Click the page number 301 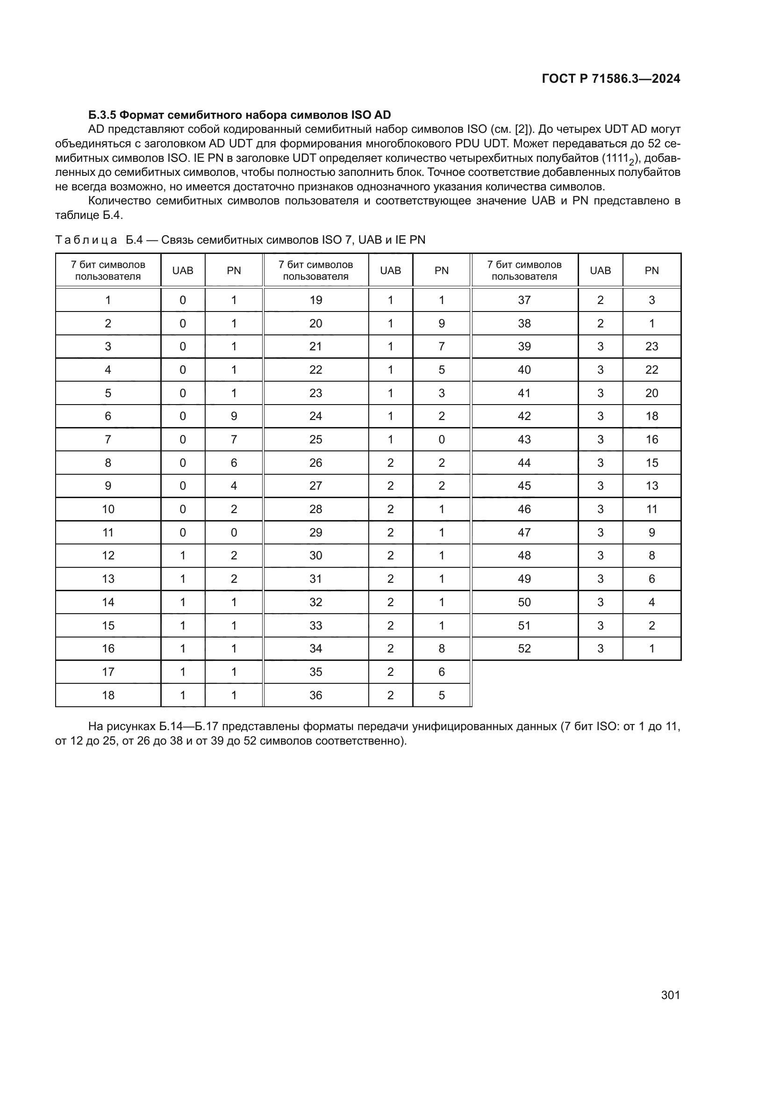[670, 994]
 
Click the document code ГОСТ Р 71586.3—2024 [611, 79]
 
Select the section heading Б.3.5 [103, 115]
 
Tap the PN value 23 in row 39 [651, 347]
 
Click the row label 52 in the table [524, 648]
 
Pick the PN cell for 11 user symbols [234, 532]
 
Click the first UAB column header [183, 270]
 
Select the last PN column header [651, 270]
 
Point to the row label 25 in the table [315, 439]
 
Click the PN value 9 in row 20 [441, 324]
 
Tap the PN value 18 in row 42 [651, 416]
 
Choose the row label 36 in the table [315, 695]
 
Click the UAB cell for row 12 [183, 556]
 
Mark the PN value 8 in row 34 [441, 648]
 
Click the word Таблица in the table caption [86, 239]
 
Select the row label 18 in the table [108, 695]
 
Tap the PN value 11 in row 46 [651, 509]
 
